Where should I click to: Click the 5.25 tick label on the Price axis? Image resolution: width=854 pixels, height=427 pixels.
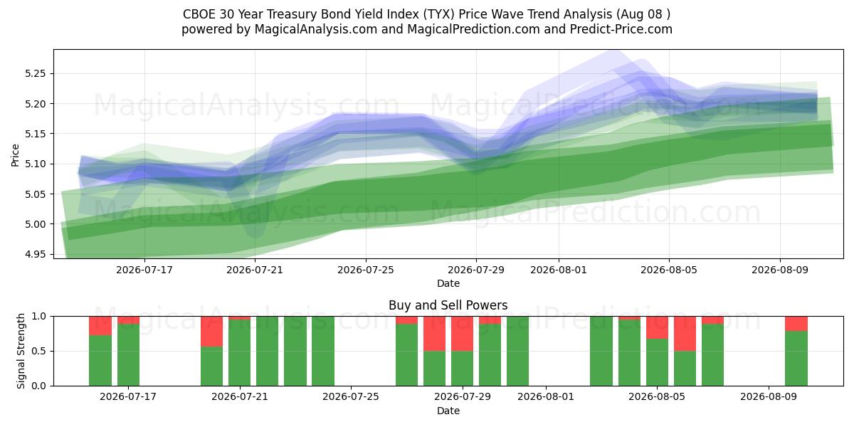point(35,73)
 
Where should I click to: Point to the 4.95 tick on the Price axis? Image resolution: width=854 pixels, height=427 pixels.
point(35,254)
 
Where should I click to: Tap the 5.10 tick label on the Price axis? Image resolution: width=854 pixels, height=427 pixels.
point(35,164)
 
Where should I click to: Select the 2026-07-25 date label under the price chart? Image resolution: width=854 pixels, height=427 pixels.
point(366,270)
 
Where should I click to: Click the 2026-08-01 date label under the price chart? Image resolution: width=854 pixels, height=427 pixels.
point(559,270)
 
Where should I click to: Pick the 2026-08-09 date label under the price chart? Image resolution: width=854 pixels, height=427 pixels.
point(780,270)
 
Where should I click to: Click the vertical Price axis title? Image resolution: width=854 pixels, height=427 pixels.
point(15,155)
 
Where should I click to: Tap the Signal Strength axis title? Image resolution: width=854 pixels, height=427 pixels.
point(21,351)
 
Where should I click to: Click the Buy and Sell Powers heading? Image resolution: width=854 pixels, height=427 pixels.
point(448,305)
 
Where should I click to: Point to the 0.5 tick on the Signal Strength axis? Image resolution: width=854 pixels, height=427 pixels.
point(38,351)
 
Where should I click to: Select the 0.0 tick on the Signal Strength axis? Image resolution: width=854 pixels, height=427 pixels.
point(38,386)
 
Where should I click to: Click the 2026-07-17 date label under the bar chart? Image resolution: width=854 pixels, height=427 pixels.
point(127,397)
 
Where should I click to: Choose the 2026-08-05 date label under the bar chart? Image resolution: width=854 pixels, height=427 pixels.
point(656,397)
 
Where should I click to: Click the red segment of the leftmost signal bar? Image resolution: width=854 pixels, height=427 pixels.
point(100,326)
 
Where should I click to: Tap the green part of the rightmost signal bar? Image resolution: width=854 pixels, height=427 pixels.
point(796,359)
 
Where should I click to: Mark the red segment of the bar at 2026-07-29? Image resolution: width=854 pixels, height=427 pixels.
point(462,334)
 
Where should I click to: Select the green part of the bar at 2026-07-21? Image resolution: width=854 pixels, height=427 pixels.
point(239,353)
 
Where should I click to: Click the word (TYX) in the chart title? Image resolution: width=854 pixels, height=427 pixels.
point(438,14)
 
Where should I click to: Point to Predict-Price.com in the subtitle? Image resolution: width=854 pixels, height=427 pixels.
point(621,29)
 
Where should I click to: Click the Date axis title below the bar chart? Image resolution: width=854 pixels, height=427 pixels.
point(448,411)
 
